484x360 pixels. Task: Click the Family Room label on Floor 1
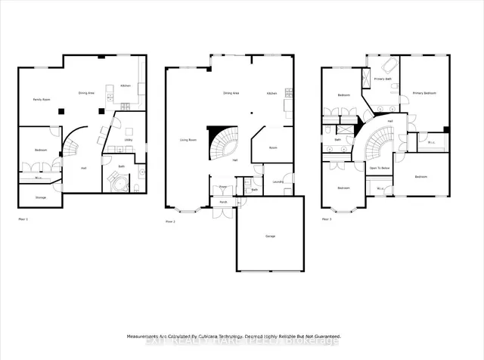(x=41, y=100)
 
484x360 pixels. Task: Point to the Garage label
(x=270, y=237)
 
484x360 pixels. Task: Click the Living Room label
(x=188, y=140)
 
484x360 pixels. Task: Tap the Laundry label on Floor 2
(x=278, y=181)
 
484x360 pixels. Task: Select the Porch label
(x=224, y=202)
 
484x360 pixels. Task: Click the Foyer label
(x=224, y=186)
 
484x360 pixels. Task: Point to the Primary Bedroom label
(x=423, y=93)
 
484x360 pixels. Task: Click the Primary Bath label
(x=382, y=79)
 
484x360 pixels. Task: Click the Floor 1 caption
(x=23, y=219)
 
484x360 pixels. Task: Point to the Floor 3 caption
(x=327, y=219)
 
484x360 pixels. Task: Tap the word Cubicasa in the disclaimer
(x=204, y=336)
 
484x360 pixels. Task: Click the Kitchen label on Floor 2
(x=271, y=93)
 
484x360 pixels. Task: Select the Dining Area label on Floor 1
(x=87, y=93)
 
